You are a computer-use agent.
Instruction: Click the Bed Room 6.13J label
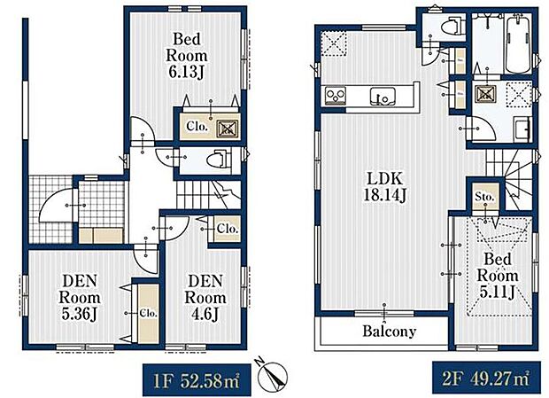point(189,56)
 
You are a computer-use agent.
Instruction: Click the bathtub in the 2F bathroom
point(516,44)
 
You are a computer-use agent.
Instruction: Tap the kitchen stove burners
point(336,94)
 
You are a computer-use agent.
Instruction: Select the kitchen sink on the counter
point(387,95)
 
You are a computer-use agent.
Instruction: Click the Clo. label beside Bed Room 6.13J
point(197,127)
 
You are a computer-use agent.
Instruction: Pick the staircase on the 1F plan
point(203,189)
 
